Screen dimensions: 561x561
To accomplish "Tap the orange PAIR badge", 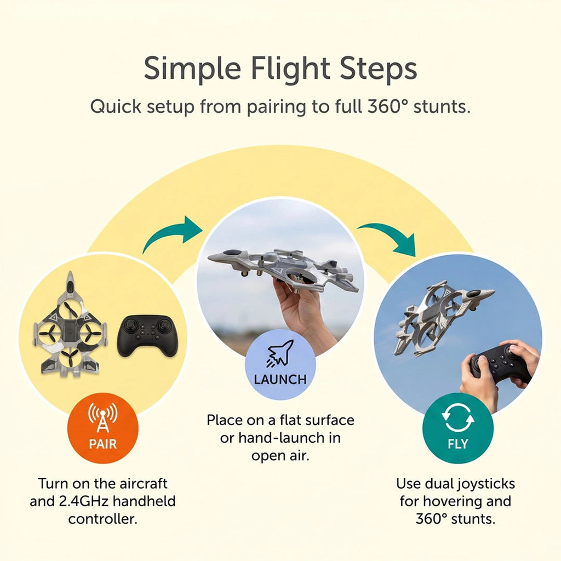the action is click(102, 428).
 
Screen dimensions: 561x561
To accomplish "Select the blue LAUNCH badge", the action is click(280, 364).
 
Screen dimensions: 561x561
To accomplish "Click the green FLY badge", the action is click(457, 428).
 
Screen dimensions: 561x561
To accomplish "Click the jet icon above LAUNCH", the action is click(280, 353).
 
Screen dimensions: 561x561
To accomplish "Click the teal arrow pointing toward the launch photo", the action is click(168, 229).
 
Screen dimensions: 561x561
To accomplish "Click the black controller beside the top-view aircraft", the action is click(147, 336).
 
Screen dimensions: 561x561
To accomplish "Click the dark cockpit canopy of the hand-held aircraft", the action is click(232, 252).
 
